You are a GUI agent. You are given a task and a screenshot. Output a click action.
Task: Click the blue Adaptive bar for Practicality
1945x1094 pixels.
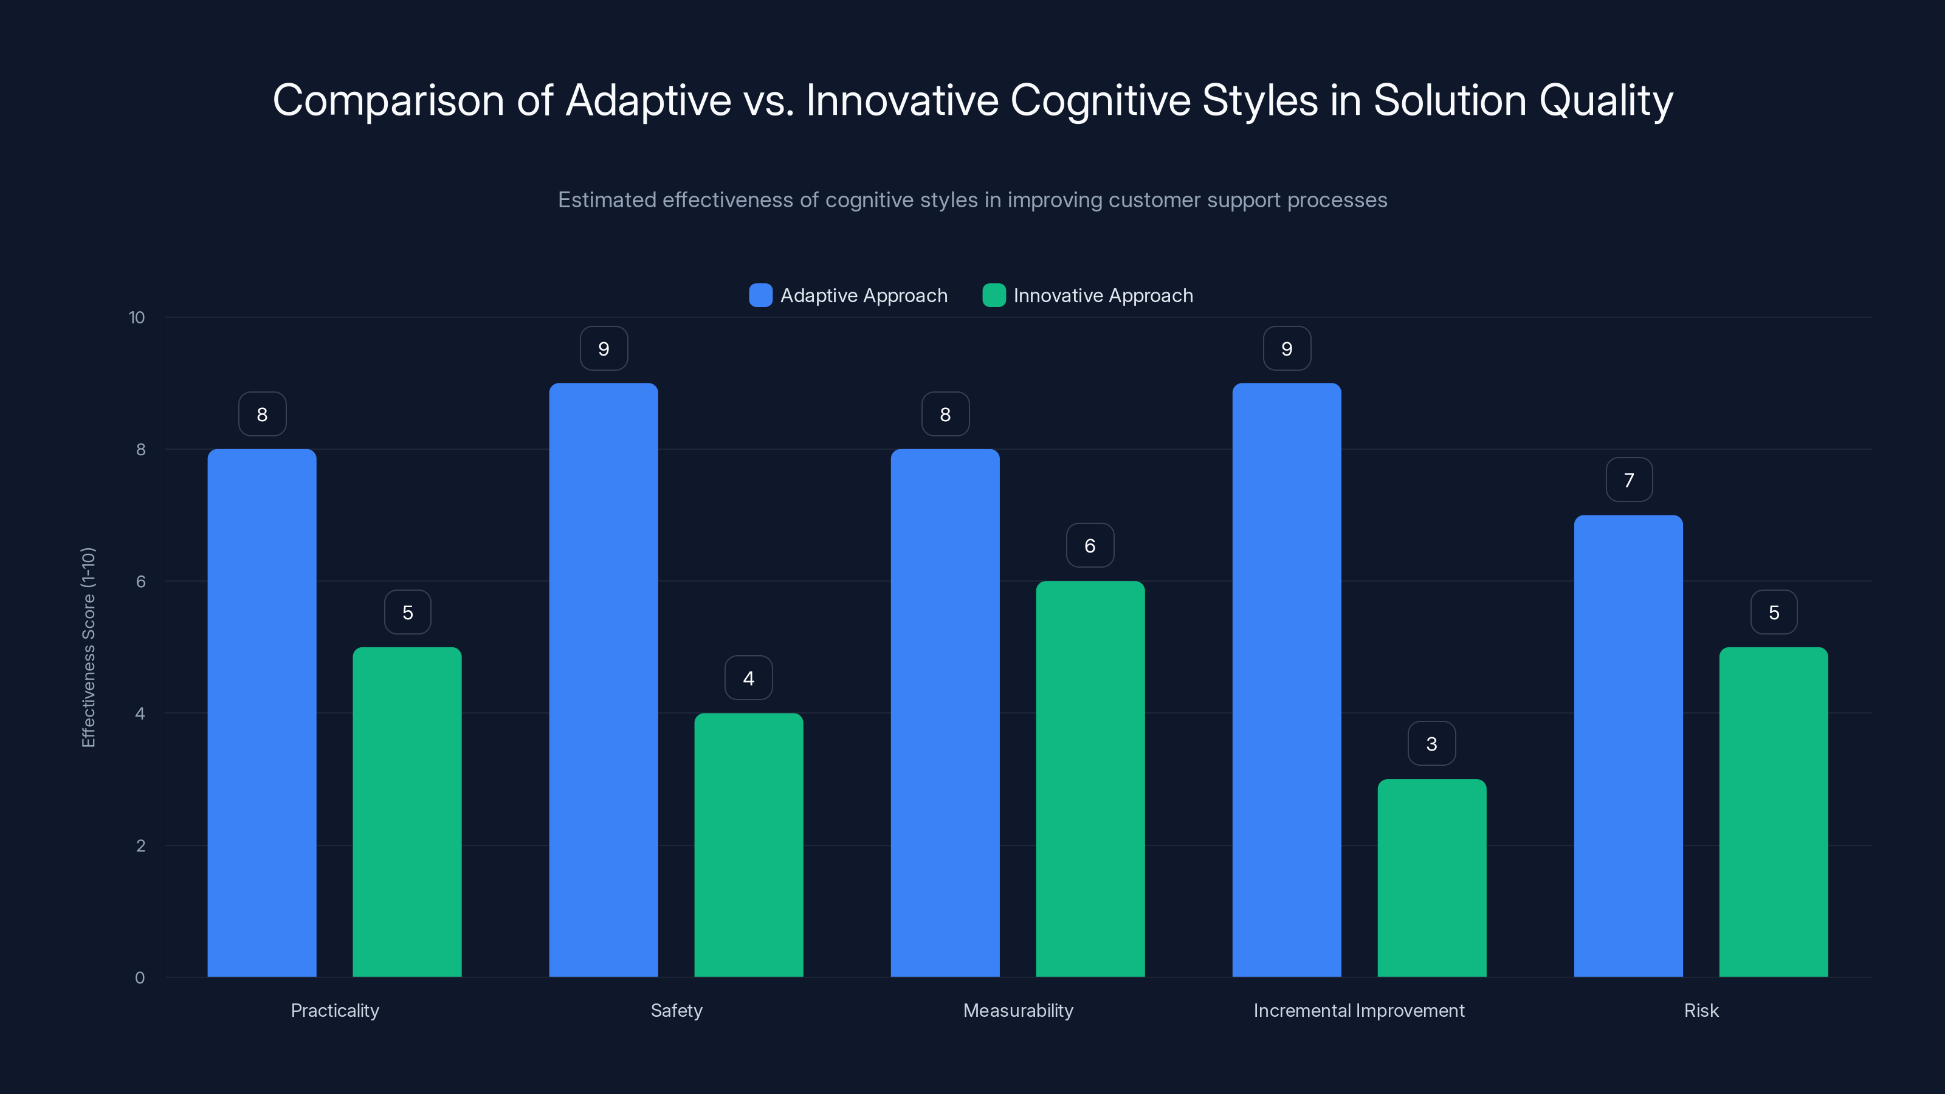pos(262,713)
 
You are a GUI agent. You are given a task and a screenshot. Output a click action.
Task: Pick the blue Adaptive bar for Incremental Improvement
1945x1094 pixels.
pos(1287,679)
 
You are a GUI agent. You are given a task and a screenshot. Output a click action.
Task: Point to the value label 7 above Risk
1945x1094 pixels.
pos(1629,480)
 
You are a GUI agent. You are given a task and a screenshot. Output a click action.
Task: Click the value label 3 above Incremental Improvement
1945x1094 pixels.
pos(1431,744)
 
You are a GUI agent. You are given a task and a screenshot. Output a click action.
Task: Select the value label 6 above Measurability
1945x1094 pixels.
pos(1090,546)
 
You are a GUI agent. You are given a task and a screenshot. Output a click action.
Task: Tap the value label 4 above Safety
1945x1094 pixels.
pos(748,678)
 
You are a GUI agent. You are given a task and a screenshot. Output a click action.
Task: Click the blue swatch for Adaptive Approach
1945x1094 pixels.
pos(760,295)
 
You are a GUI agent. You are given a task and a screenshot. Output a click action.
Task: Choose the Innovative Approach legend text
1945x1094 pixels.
pos(1103,295)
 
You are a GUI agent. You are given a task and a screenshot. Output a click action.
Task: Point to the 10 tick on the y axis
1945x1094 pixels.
pos(137,317)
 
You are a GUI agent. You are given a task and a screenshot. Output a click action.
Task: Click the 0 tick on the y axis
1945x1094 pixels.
pos(140,978)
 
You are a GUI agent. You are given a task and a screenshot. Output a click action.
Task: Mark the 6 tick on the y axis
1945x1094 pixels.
pos(140,582)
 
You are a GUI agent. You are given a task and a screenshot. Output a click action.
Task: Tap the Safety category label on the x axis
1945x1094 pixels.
pos(676,1010)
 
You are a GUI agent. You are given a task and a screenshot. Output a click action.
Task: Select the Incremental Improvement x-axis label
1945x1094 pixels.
pos(1358,1010)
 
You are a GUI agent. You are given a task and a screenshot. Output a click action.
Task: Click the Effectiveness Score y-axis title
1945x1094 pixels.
pos(88,647)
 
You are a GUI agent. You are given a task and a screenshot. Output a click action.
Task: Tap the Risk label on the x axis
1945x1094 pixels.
pos(1701,1010)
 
